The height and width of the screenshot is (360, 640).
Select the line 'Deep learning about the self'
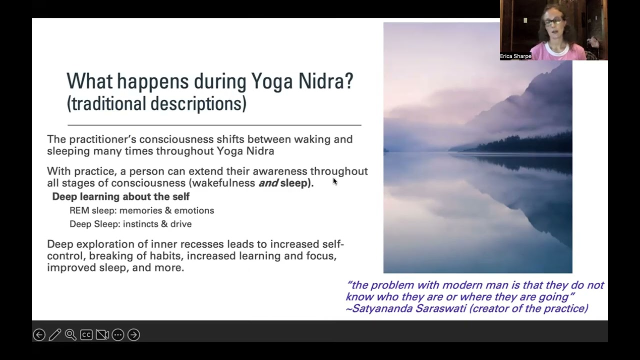120,196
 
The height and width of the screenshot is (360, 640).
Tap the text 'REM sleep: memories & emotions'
141,210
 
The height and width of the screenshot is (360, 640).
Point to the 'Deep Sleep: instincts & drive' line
130,224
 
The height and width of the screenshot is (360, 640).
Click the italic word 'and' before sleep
268,183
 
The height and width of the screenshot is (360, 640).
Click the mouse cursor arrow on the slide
335,181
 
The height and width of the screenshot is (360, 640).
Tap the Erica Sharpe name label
515,56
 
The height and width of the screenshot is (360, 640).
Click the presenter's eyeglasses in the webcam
552,21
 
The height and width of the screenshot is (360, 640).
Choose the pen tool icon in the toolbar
55,334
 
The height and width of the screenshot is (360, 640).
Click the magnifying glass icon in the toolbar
70,334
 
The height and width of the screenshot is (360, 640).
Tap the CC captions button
86,334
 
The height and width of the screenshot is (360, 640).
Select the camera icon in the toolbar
102,334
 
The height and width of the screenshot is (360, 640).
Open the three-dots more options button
118,334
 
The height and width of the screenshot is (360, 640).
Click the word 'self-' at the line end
332,244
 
